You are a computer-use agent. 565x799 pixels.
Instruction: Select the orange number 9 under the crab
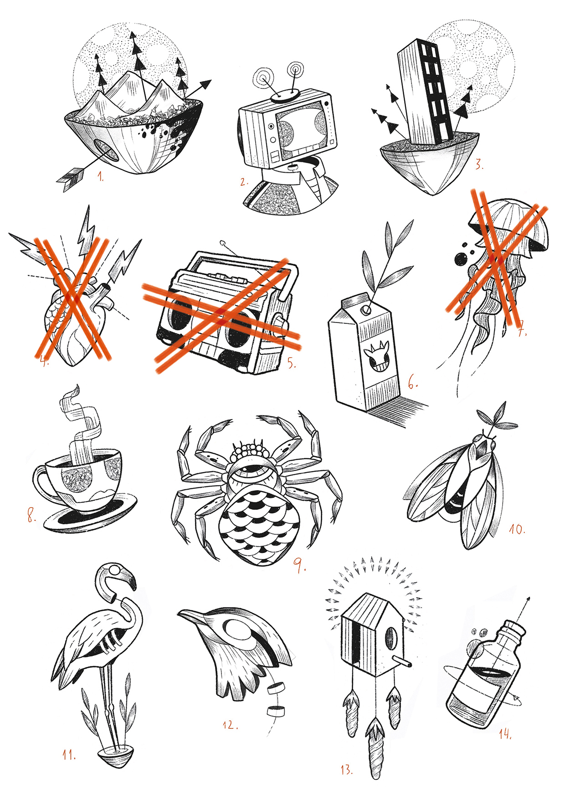tap(299, 565)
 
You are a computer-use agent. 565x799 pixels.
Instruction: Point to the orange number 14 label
tap(505, 733)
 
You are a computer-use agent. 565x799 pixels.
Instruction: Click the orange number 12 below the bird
tap(230, 724)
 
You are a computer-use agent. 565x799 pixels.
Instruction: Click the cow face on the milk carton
tap(378, 355)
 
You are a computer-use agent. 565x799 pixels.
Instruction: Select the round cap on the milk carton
tap(365, 310)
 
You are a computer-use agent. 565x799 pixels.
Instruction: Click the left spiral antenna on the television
tap(263, 78)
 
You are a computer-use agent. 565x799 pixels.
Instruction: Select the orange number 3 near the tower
tap(478, 164)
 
